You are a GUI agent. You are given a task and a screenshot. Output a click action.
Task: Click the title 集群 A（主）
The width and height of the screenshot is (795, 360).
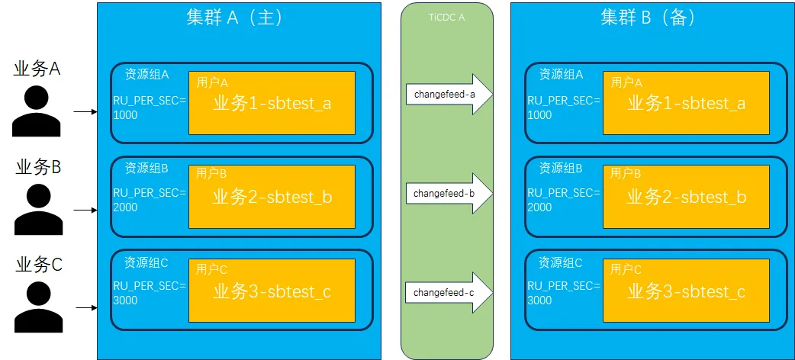(234, 18)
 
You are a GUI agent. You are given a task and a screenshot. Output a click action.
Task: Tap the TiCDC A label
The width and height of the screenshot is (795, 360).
(447, 17)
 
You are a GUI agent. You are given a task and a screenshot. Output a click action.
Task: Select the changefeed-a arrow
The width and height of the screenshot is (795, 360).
(448, 94)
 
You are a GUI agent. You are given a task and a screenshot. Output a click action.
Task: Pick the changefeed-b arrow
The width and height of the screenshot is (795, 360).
(448, 194)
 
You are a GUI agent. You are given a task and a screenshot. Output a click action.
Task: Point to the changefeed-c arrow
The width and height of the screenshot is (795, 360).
(448, 292)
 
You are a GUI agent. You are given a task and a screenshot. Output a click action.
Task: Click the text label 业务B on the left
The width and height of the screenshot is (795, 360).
(38, 168)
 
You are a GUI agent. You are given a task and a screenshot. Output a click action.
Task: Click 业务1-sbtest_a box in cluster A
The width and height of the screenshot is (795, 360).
(272, 103)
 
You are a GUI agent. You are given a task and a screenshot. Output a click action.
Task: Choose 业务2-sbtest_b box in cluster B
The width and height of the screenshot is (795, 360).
(686, 197)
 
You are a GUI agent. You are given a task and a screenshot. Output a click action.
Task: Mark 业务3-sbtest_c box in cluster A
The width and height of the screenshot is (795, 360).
(272, 291)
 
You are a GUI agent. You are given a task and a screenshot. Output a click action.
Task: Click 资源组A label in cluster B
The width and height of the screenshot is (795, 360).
(561, 75)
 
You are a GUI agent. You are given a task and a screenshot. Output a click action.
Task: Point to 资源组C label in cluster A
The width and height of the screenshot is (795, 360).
(146, 263)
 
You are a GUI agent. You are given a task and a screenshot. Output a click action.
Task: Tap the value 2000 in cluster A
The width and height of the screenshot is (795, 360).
(125, 207)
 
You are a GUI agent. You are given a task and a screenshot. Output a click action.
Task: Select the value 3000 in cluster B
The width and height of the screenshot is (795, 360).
(539, 300)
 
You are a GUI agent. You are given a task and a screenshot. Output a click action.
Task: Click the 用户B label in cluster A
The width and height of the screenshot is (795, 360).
(212, 174)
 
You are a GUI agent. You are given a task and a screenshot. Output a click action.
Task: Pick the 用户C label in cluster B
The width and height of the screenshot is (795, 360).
(626, 269)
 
